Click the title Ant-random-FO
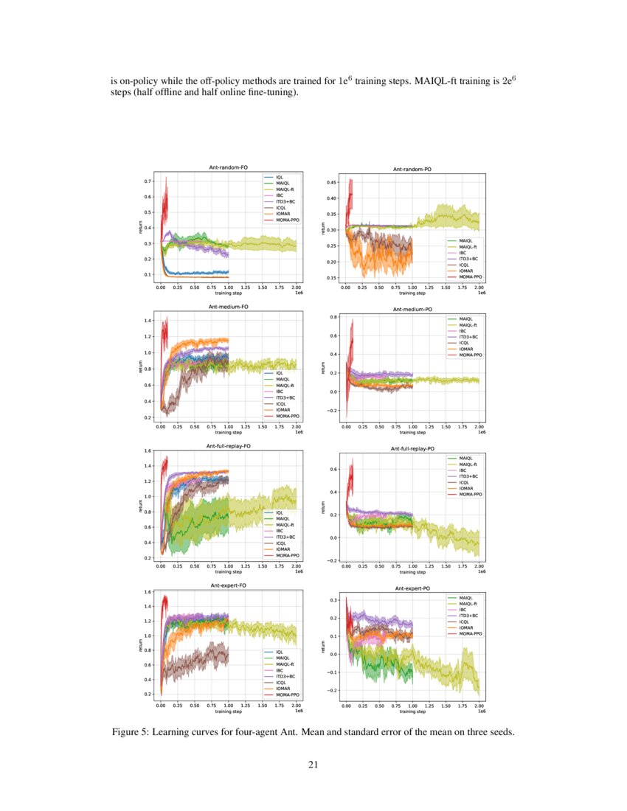pos(229,168)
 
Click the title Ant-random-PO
pos(412,169)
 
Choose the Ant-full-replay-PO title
pos(412,448)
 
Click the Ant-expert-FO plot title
pos(229,585)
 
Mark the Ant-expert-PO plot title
pos(412,588)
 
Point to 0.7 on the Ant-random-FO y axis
pos(148,181)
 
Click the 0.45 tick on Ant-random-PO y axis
pos(331,181)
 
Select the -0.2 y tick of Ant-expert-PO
pos(331,690)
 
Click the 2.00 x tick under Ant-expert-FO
pos(296,706)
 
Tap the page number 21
pos(313,765)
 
